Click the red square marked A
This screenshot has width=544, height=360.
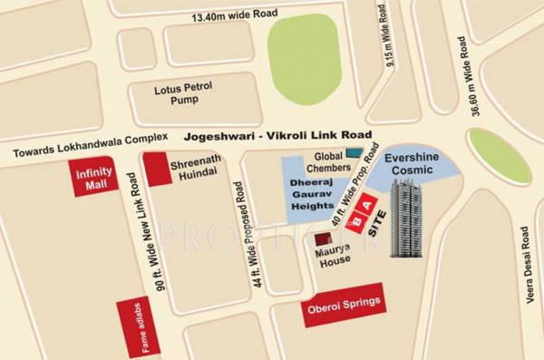[x=369, y=205]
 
